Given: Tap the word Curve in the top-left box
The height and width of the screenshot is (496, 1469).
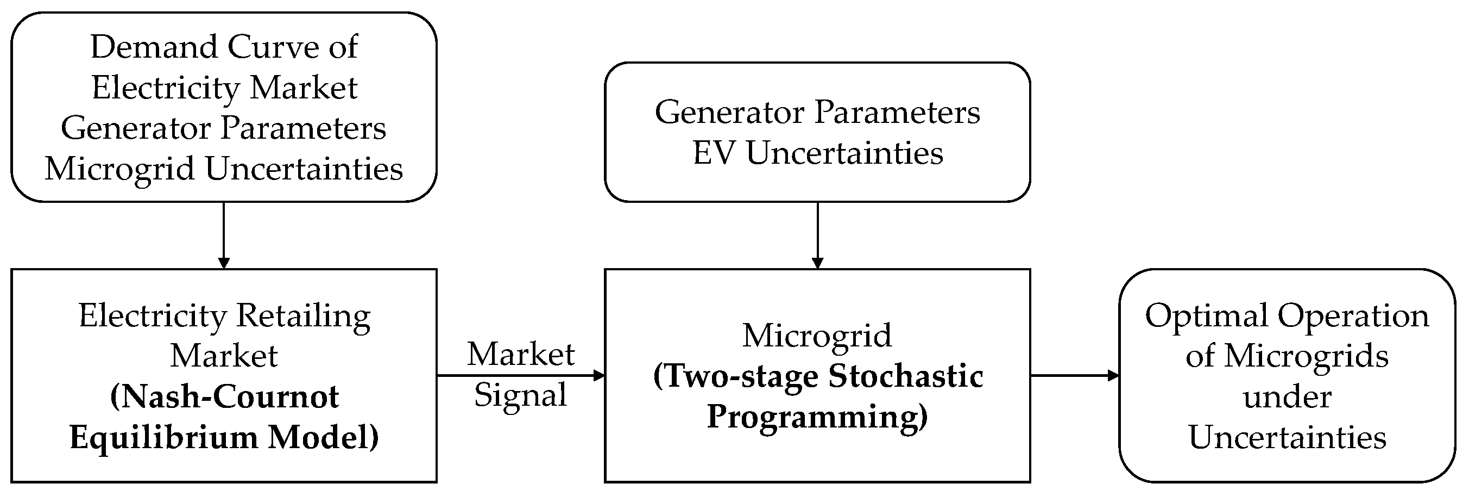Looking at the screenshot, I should click(273, 47).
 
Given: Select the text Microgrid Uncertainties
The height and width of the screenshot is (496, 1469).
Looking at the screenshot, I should click(224, 169).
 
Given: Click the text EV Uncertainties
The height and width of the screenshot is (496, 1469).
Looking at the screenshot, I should click(818, 153).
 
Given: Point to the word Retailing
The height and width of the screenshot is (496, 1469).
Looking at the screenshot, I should click(304, 315).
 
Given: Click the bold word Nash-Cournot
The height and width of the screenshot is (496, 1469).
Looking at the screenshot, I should click(224, 396).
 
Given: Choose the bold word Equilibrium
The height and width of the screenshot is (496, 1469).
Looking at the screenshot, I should click(163, 438).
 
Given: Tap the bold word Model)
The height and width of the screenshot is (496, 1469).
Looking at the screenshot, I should click(323, 438).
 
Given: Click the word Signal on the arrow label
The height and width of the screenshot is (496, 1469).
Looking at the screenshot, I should click(521, 395).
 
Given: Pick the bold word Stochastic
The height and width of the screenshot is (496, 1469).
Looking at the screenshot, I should click(906, 377).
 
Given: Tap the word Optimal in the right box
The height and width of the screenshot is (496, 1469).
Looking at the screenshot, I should click(1206, 315).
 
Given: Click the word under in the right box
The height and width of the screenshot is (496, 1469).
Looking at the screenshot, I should click(1287, 396).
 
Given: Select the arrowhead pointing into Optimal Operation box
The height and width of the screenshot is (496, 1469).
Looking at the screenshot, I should click(1113, 376).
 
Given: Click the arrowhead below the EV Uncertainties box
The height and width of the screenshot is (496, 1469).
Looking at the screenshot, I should click(817, 263).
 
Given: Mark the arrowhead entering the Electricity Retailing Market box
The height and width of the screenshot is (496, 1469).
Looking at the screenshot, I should click(224, 263).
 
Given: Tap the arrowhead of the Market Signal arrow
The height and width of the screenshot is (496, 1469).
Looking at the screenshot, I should click(599, 376).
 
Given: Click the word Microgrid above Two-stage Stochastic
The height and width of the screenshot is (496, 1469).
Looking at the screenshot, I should click(817, 335).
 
